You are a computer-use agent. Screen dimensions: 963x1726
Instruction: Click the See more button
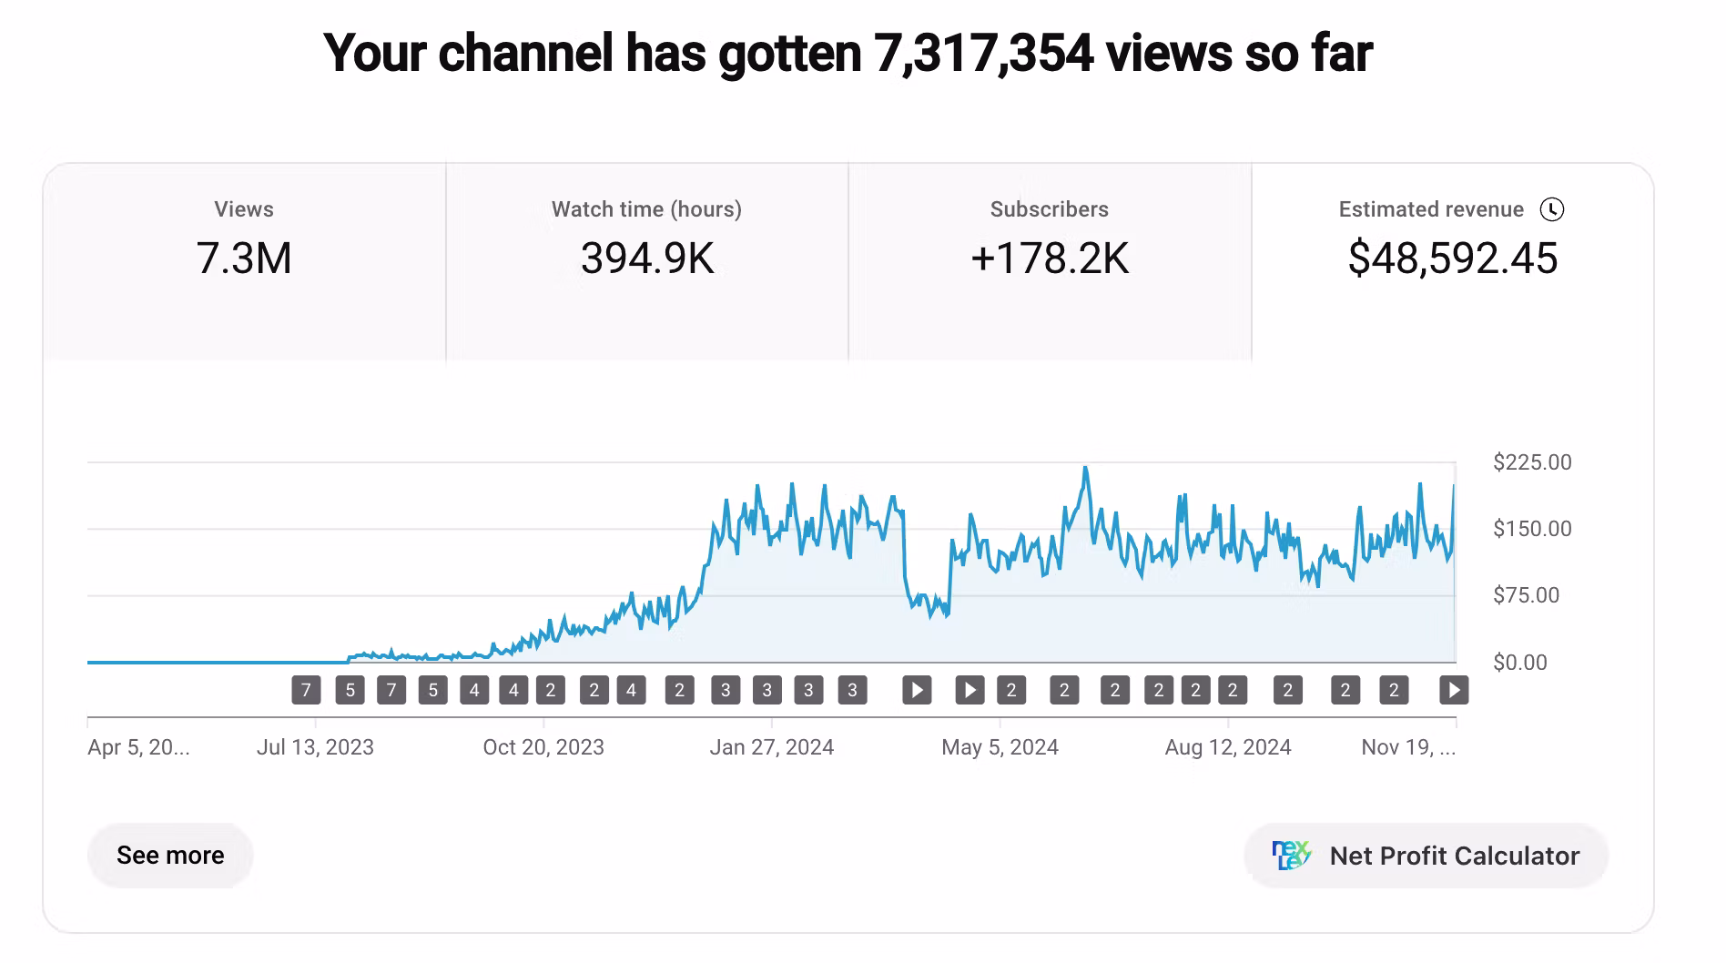[170, 856]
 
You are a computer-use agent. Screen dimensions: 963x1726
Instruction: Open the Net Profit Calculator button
[1426, 856]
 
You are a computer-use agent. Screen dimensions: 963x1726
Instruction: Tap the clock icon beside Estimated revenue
[1551, 209]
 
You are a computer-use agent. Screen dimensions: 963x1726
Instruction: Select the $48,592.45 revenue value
[1452, 258]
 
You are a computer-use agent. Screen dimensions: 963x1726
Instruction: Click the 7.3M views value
[244, 258]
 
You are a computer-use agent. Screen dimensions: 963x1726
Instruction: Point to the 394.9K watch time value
[646, 258]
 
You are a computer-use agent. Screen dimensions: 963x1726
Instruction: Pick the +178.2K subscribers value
[1049, 258]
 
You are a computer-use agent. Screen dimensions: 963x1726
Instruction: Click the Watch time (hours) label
[646, 209]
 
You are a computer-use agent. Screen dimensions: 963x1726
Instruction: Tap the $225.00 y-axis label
[1532, 462]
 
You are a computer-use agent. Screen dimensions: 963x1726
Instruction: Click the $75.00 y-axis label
[1526, 595]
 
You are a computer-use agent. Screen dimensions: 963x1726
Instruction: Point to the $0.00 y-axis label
[1519, 663]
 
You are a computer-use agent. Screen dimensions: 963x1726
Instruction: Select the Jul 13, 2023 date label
[315, 747]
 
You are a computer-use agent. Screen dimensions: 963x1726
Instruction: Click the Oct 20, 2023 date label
[543, 747]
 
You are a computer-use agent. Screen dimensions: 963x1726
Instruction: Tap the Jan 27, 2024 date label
[772, 747]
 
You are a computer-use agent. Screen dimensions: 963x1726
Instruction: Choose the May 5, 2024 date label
[1000, 747]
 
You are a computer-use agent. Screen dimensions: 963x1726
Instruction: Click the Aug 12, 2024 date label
[1228, 747]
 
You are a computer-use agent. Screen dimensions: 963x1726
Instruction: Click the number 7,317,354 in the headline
[983, 53]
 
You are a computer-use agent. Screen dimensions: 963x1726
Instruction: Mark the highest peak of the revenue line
[1085, 469]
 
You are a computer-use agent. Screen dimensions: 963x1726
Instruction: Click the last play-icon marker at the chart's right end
[1454, 690]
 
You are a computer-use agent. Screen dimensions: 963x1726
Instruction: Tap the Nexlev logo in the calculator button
[1291, 856]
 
